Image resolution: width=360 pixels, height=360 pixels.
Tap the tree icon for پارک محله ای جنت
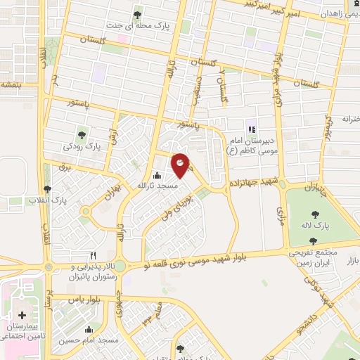click(x=137, y=13)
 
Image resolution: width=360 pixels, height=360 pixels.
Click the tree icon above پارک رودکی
click(x=83, y=134)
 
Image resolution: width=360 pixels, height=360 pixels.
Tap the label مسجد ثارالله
click(x=156, y=185)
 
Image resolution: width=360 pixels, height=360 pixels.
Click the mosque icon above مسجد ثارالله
click(x=156, y=175)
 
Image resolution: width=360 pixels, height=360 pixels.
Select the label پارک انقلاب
click(x=47, y=200)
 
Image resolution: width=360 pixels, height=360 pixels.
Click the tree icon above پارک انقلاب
click(x=47, y=188)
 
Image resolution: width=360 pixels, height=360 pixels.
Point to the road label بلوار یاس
click(x=84, y=299)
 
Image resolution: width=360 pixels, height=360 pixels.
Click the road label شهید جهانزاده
click(x=254, y=184)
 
